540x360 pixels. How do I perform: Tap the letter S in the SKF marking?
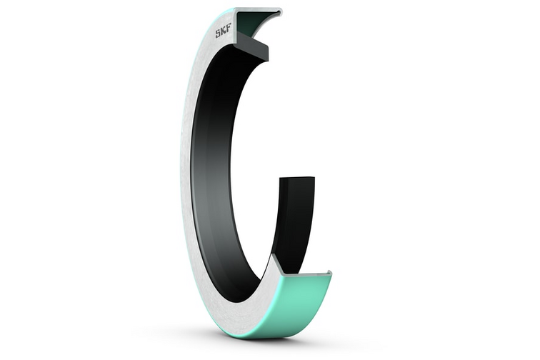click(x=218, y=33)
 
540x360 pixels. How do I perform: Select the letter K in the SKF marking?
click(x=223, y=31)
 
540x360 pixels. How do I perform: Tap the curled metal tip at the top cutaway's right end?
click(x=279, y=12)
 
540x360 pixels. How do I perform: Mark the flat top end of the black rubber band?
click(x=297, y=179)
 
